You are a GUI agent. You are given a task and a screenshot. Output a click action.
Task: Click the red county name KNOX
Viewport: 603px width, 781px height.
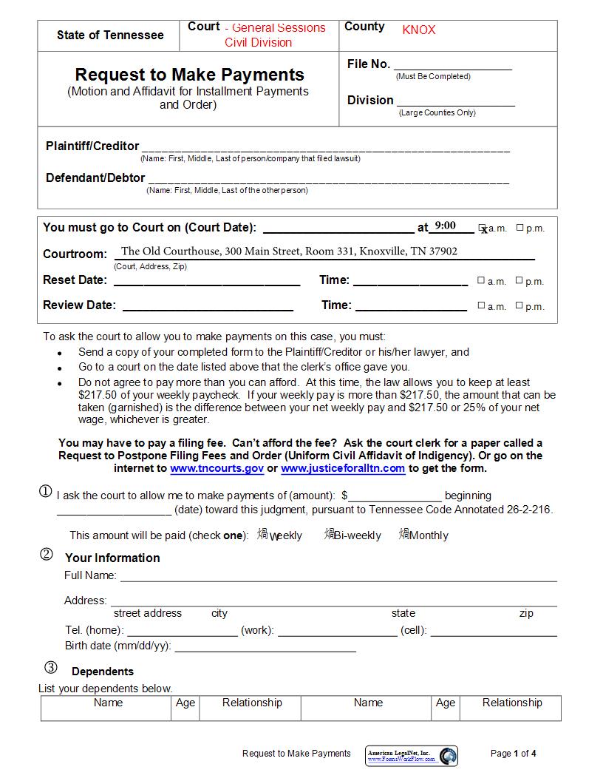(419, 30)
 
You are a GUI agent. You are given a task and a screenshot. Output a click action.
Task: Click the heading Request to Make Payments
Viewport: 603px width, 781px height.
(189, 75)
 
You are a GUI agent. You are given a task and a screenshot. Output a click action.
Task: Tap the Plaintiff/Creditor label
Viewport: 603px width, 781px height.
(92, 146)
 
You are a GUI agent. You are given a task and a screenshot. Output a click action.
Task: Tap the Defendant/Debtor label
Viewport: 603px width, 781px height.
(95, 178)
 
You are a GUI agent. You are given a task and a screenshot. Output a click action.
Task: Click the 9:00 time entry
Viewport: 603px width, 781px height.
(445, 226)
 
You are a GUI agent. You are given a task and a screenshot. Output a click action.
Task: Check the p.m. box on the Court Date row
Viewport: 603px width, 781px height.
(519, 228)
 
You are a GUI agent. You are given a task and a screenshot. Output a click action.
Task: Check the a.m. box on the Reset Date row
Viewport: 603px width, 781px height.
(481, 280)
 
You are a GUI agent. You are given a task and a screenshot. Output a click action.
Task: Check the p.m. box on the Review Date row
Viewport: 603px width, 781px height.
(519, 305)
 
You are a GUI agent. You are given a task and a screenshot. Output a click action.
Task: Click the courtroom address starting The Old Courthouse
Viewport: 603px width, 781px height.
(289, 251)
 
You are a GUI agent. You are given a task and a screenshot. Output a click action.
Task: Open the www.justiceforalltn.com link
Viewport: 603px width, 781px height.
(343, 468)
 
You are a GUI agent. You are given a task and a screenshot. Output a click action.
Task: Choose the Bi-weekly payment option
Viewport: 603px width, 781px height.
(330, 534)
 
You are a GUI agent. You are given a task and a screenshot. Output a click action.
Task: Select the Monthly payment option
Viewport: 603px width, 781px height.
(404, 534)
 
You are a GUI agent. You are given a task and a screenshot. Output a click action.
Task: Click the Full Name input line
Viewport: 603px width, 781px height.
(338, 577)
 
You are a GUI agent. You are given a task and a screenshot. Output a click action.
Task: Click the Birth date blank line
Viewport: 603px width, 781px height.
(265, 647)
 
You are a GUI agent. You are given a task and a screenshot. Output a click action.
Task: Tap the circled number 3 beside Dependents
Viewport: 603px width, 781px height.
(50, 668)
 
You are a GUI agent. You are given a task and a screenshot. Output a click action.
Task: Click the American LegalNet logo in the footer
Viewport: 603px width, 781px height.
(412, 755)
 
